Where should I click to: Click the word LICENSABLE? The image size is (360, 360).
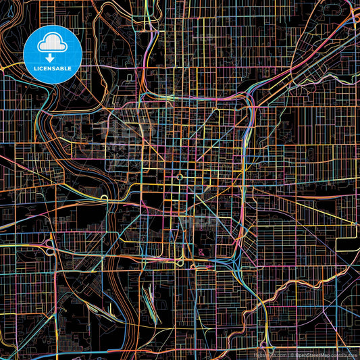click(x=53, y=68)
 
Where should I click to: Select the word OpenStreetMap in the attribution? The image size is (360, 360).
click(x=313, y=354)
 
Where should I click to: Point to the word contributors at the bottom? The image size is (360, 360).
click(x=342, y=354)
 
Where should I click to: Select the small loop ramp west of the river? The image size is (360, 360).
click(x=105, y=198)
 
